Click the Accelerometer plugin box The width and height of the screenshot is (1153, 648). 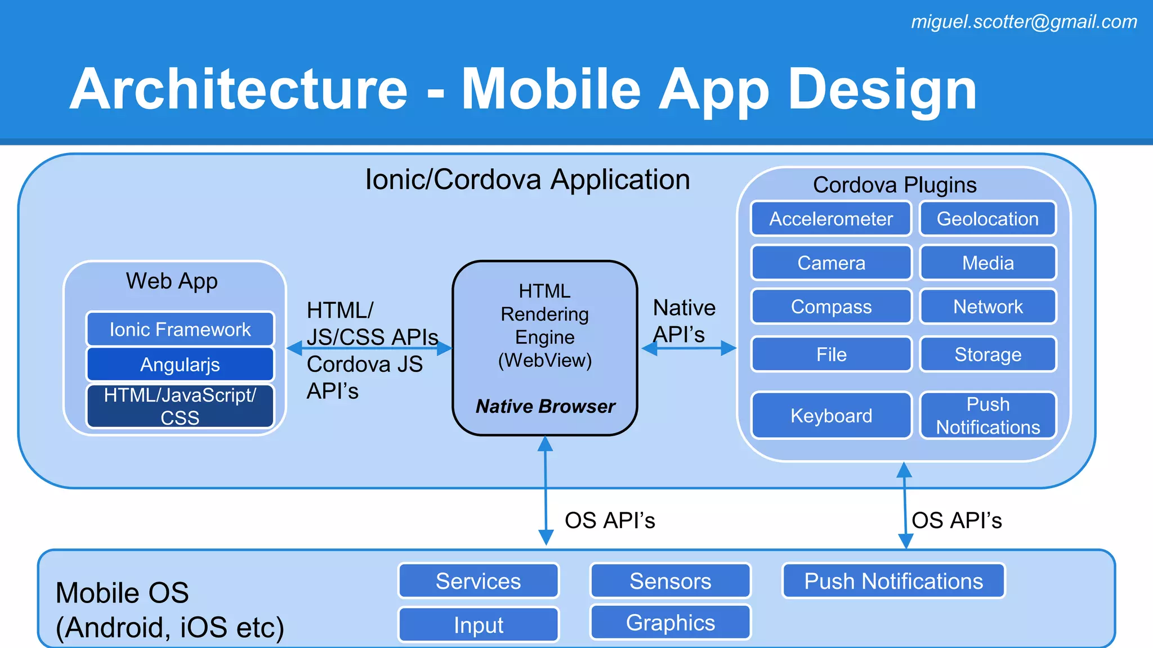(830, 219)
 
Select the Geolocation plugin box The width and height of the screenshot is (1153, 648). (987, 219)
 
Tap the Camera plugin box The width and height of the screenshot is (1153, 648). (830, 263)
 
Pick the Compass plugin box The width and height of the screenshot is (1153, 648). (830, 307)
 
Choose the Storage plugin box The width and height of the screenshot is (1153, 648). (987, 354)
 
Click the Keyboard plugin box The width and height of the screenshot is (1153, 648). (830, 416)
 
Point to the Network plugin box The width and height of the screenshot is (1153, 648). (987, 307)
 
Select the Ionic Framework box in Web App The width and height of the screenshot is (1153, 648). (180, 329)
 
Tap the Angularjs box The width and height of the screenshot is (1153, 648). (180, 364)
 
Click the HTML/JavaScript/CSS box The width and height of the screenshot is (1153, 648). (180, 406)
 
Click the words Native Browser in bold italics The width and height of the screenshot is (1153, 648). (545, 406)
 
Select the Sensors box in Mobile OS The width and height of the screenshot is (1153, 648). (670, 581)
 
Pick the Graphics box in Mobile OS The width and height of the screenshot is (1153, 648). (670, 623)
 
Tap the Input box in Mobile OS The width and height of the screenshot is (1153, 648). (478, 625)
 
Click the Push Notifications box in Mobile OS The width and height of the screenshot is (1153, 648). (893, 581)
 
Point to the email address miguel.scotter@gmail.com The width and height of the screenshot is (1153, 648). (1024, 21)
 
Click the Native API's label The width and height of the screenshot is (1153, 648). (683, 321)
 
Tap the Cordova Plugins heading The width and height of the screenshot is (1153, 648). (894, 184)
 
